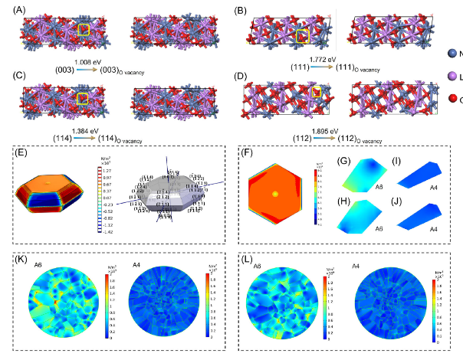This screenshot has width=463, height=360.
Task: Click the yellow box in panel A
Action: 84,31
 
